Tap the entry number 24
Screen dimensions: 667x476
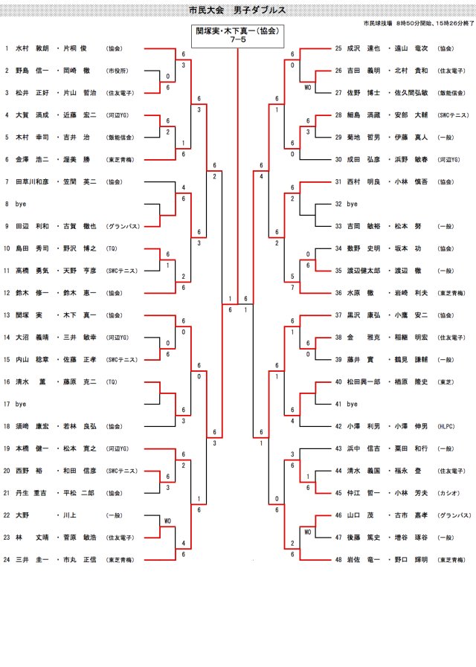point(7,559)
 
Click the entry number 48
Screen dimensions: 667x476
point(338,559)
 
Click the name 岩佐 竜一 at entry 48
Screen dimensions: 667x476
point(362,559)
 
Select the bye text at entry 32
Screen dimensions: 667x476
point(353,203)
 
